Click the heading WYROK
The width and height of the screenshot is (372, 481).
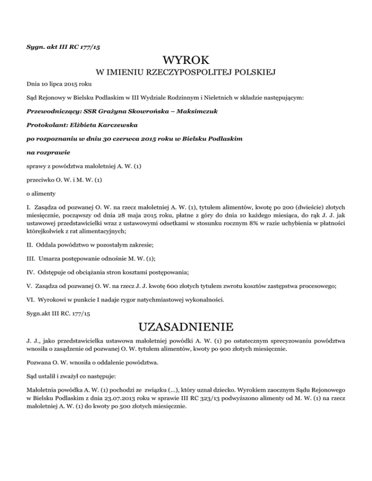tap(186, 61)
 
